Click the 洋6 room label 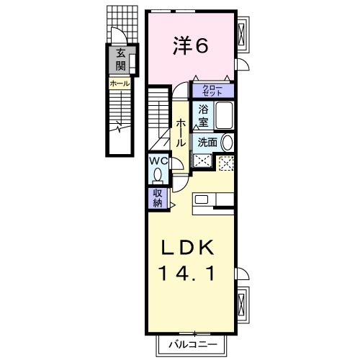[190, 45]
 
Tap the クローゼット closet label [213, 91]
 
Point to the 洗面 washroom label [207, 142]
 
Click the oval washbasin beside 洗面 [227, 142]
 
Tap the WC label [158, 161]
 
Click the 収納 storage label [156, 198]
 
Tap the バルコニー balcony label [193, 343]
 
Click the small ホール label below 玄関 [120, 84]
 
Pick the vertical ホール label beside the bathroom [181, 134]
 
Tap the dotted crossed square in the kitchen [226, 163]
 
